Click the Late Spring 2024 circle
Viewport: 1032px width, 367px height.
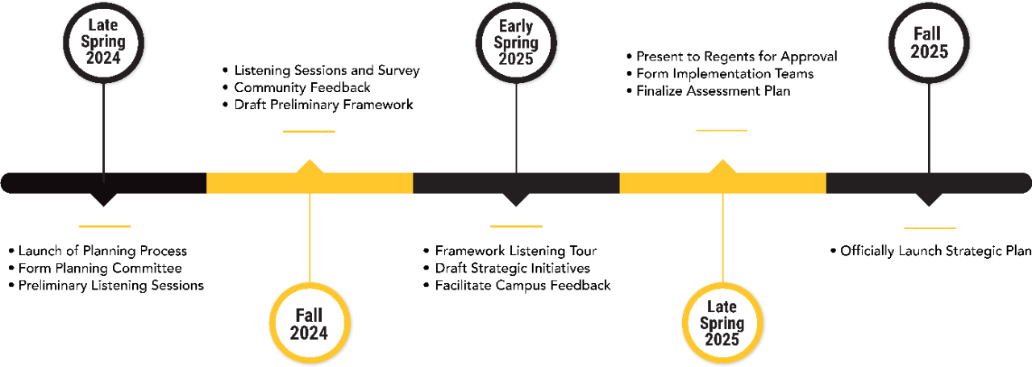pyautogui.click(x=103, y=40)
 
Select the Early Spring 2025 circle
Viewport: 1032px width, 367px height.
pyautogui.click(x=516, y=40)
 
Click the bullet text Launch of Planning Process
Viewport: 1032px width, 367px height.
pyautogui.click(x=102, y=251)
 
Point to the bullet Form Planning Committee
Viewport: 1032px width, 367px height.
pyautogui.click(x=100, y=269)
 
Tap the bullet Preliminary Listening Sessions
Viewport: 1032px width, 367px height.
pyautogui.click(x=110, y=286)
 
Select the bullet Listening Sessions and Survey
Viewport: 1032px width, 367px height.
pyautogui.click(x=327, y=70)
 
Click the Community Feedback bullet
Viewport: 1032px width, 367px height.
pyautogui.click(x=302, y=87)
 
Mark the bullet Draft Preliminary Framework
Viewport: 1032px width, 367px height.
pyautogui.click(x=323, y=105)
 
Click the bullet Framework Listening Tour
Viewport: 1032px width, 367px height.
pyautogui.click(x=515, y=251)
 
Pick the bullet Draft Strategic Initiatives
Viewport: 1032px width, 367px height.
pyautogui.click(x=512, y=269)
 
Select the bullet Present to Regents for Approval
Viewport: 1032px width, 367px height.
pyautogui.click(x=736, y=56)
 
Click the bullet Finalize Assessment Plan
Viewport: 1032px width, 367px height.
pyautogui.click(x=713, y=91)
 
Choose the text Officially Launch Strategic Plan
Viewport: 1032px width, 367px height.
pyautogui.click(x=935, y=251)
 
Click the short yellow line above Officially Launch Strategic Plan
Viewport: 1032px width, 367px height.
pyautogui.click(x=930, y=228)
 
